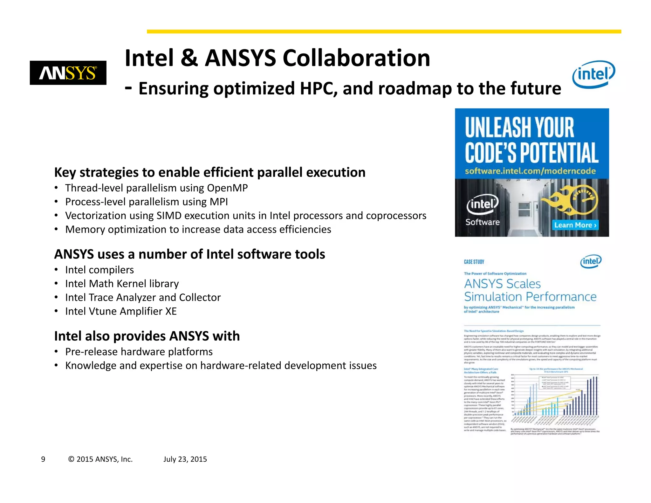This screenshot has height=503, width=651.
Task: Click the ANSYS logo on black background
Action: (68, 73)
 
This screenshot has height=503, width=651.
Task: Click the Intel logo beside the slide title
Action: (593, 74)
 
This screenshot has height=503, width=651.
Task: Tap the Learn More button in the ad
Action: (575, 225)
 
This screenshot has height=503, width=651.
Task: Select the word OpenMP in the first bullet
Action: (227, 188)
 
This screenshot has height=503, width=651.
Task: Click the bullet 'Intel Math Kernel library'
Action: (122, 284)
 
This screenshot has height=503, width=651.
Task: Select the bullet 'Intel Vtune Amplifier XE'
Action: (121, 311)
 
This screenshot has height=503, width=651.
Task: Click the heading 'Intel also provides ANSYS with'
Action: (147, 336)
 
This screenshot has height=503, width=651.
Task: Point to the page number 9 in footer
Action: (43, 459)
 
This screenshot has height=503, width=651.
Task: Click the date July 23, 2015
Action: (185, 459)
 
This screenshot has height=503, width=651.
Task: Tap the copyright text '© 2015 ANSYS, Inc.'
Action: (100, 459)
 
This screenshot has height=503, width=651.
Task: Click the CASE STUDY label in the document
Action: (474, 262)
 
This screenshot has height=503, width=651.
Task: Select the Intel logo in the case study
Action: (591, 261)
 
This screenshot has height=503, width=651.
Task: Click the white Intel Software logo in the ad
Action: (483, 210)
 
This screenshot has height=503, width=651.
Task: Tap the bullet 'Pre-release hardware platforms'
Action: (139, 352)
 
